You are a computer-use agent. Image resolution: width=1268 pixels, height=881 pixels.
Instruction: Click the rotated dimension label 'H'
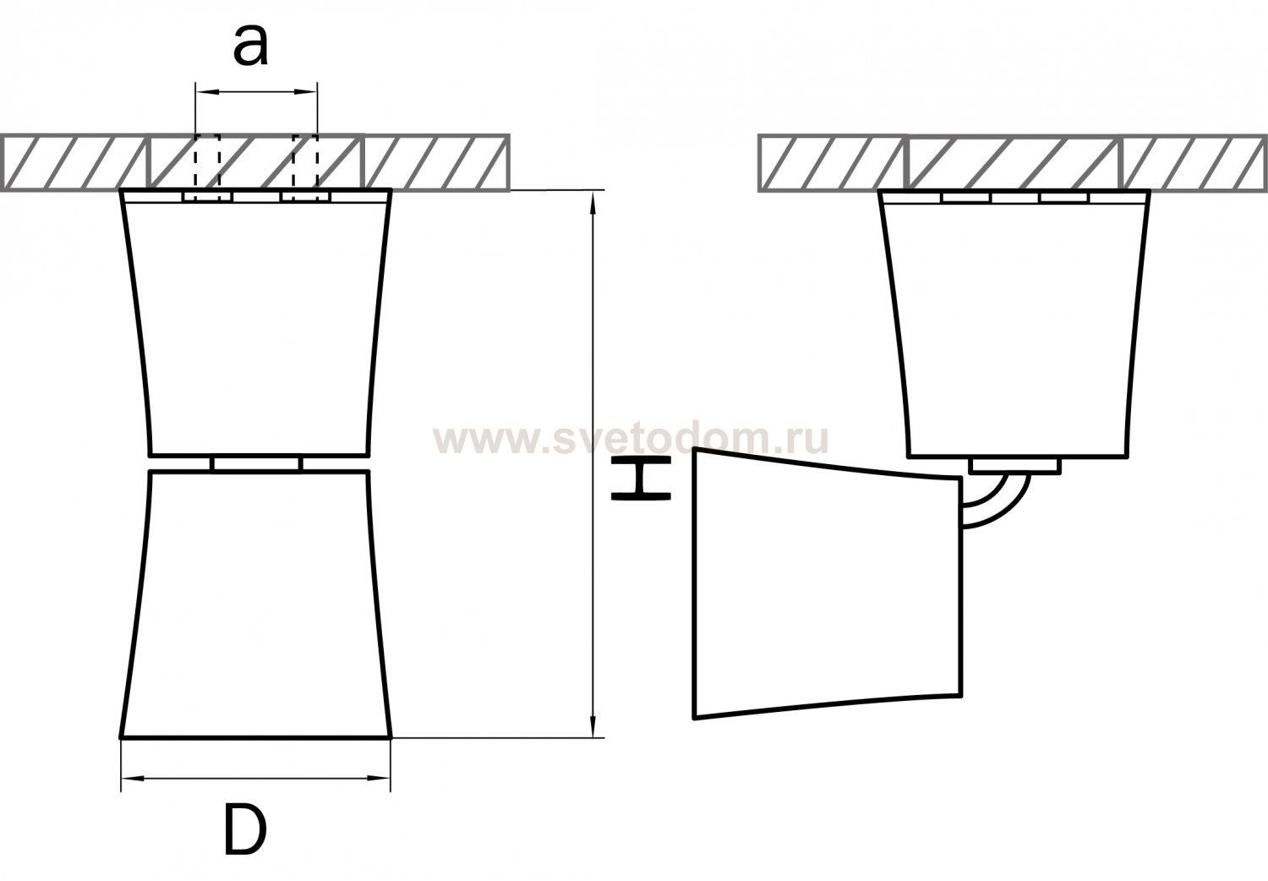[x=641, y=479]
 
